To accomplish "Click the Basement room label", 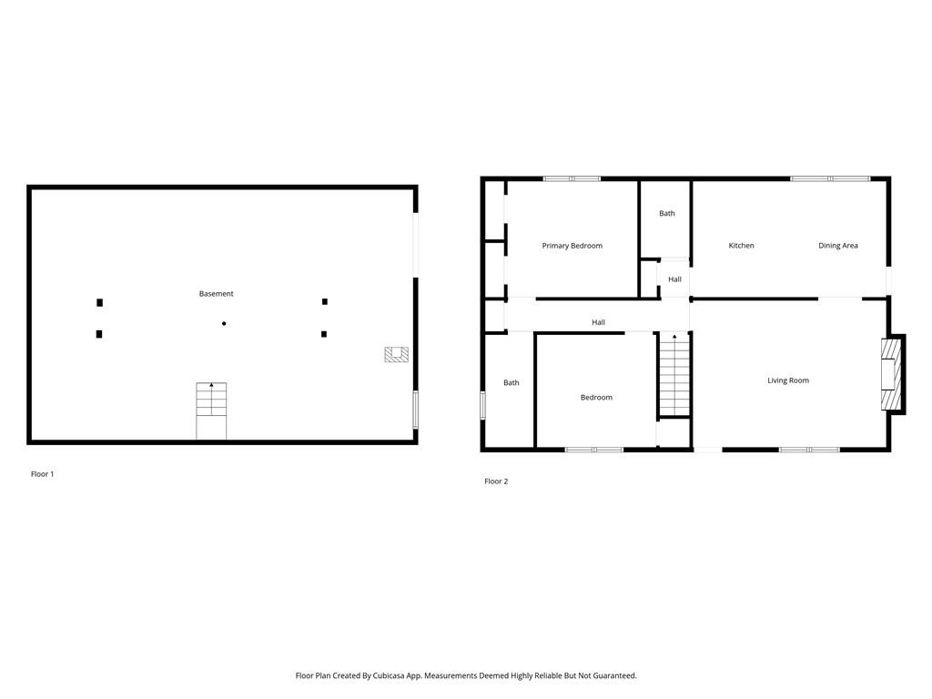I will (x=217, y=294).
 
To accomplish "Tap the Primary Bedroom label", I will (x=572, y=246).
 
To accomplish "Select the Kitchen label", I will (x=741, y=246).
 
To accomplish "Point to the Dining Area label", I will (x=837, y=246).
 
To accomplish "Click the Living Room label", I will (x=787, y=380).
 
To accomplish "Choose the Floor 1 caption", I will (x=43, y=474).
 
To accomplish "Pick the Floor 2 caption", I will (x=496, y=481).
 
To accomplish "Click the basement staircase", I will (x=211, y=410).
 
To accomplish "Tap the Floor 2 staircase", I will (x=674, y=375).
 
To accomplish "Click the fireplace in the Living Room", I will (x=890, y=375).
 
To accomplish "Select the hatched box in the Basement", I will (x=395, y=355).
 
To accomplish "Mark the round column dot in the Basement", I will (x=224, y=323).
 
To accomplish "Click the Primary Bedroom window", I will (x=572, y=178).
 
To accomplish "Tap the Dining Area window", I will (x=830, y=178).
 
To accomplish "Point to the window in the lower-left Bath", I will (x=482, y=405).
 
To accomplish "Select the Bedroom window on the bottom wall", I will (x=594, y=450).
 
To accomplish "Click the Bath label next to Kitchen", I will (x=667, y=214).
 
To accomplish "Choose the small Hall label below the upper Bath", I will (x=674, y=279).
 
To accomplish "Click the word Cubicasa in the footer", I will (x=390, y=676).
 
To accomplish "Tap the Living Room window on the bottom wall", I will (x=809, y=450).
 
